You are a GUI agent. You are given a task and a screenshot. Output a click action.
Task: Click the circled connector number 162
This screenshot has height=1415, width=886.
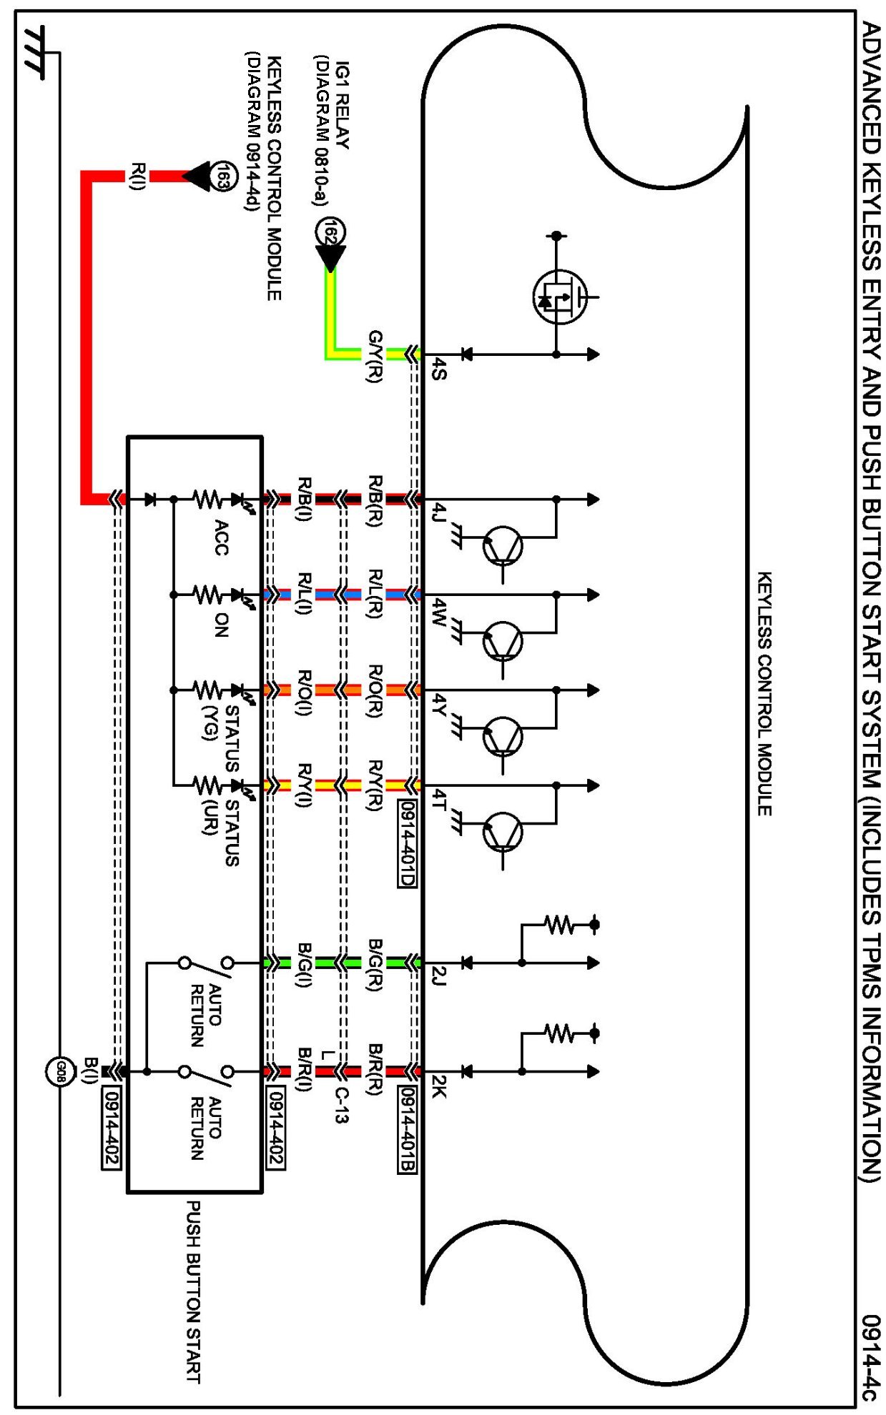click(330, 232)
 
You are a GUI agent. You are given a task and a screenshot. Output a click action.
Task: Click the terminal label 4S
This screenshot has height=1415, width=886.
click(439, 369)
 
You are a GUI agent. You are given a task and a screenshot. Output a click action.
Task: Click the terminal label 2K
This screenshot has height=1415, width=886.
click(439, 1086)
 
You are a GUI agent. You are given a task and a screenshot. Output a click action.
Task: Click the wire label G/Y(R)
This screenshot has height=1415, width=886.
click(375, 357)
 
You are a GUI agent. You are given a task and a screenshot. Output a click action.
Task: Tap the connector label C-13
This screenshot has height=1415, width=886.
click(341, 1105)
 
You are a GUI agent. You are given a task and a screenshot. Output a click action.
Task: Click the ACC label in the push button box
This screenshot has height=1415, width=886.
click(221, 537)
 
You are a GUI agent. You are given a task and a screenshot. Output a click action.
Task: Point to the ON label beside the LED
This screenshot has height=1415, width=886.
click(221, 625)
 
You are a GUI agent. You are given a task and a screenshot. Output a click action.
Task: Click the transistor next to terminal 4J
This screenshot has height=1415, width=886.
click(503, 547)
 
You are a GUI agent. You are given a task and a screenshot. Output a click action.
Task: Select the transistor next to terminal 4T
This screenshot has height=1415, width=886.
click(503, 833)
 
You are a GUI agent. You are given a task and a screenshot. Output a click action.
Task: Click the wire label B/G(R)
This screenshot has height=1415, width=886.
click(375, 965)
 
